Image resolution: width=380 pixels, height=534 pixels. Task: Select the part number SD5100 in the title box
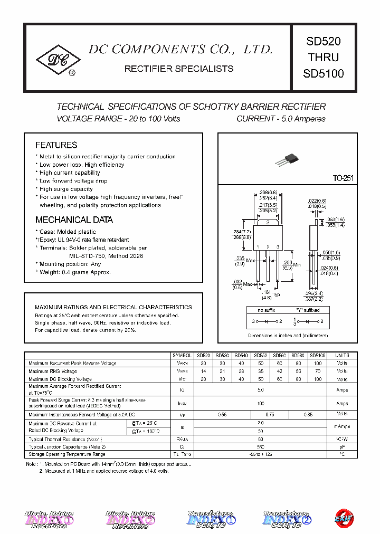(x=323, y=74)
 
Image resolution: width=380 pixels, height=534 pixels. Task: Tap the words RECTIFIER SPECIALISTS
(x=178, y=69)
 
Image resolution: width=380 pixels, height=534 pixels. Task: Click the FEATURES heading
(x=56, y=145)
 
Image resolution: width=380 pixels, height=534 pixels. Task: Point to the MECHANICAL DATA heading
(x=74, y=220)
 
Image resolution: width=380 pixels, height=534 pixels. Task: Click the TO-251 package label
(x=343, y=179)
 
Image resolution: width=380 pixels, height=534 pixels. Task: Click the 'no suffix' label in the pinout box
(x=267, y=310)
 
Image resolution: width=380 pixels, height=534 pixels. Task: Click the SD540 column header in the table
(x=241, y=356)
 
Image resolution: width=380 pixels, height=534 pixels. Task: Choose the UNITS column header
(x=342, y=356)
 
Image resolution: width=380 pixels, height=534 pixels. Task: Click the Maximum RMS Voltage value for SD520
(x=203, y=371)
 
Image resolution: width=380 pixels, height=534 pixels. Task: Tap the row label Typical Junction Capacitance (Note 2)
(x=67, y=446)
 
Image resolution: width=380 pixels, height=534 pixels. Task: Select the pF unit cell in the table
(x=342, y=446)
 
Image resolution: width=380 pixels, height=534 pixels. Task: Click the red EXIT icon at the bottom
(x=345, y=519)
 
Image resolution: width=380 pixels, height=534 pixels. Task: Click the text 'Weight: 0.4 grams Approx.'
(x=75, y=272)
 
